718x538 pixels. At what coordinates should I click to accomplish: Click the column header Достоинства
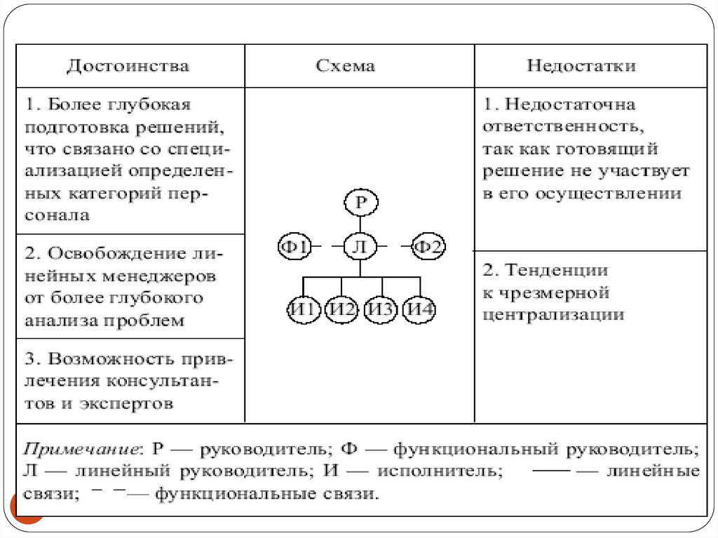click(128, 66)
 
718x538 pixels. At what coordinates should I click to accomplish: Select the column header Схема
click(345, 66)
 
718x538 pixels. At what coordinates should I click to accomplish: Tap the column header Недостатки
click(581, 66)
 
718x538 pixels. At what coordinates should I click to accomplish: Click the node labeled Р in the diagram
click(360, 203)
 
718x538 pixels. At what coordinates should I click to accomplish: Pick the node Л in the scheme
click(360, 246)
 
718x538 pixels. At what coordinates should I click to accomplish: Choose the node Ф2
click(428, 246)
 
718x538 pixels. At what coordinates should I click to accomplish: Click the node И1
click(304, 309)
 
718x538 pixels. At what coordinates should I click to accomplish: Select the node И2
click(342, 309)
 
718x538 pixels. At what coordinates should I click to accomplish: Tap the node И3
click(382, 309)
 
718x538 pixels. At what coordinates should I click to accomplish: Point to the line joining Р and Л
click(360, 224)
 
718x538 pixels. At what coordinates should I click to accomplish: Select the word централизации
click(553, 315)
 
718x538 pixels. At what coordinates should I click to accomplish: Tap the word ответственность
click(561, 127)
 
